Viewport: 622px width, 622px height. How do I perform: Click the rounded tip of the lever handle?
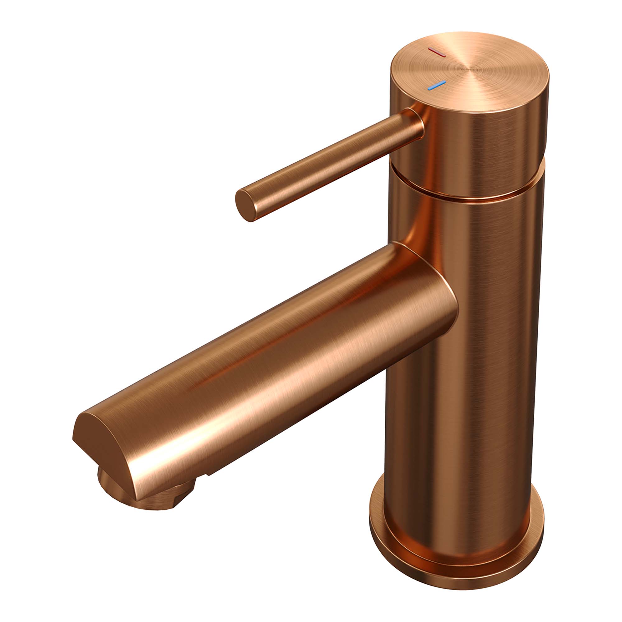point(244,205)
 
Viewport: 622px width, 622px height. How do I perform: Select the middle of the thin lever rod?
point(328,164)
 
